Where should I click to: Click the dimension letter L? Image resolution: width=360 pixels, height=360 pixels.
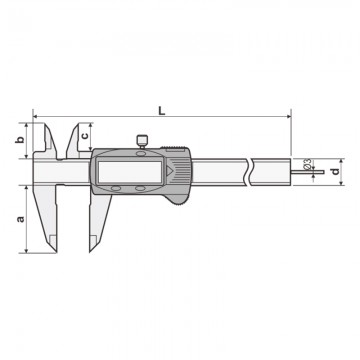tap(162, 111)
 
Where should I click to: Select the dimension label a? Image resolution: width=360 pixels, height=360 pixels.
tap(21, 219)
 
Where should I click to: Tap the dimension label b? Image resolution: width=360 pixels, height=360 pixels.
tap(20, 140)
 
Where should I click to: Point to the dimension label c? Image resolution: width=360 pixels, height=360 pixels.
tap(85, 136)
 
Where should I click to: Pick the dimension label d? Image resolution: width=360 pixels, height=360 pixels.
tap(336, 171)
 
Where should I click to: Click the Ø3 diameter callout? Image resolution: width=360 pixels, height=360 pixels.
tap(308, 163)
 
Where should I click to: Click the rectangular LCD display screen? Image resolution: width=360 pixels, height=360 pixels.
tap(130, 170)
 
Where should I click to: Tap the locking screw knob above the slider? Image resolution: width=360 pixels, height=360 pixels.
tap(142, 141)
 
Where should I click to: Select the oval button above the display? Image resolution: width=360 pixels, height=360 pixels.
tap(141, 153)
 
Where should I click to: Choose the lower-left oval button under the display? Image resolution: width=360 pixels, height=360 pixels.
tap(116, 189)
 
